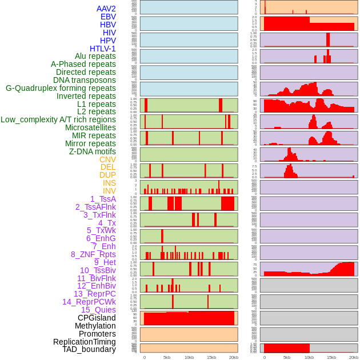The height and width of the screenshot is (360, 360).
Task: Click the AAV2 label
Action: click(106, 9)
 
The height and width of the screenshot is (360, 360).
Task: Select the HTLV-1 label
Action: click(103, 49)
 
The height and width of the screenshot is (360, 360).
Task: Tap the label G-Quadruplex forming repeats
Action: click(61, 88)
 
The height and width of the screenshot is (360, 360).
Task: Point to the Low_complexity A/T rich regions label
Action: click(58, 119)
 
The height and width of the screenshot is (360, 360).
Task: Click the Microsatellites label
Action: click(90, 127)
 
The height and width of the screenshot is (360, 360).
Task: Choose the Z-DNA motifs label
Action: click(93, 151)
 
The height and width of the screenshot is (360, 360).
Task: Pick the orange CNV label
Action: click(107, 159)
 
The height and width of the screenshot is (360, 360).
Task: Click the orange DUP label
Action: click(107, 175)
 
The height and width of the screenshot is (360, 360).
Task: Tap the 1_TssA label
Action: click(103, 199)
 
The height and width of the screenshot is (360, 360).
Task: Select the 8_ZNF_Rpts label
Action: click(93, 254)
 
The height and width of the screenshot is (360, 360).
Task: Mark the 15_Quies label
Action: click(98, 310)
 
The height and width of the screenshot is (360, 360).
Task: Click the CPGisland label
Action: click(97, 318)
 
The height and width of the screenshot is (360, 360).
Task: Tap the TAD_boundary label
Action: click(89, 349)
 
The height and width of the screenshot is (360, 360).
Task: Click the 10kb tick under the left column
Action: click(189, 357)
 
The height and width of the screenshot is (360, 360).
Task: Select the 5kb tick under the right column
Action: click(287, 357)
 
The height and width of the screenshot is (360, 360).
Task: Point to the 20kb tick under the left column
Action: click(234, 357)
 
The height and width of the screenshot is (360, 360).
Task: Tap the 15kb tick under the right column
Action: click(331, 357)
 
